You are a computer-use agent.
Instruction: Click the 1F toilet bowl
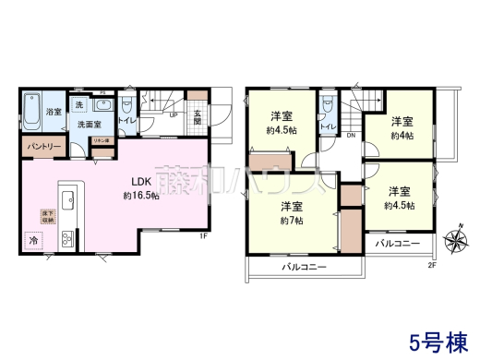pos(128,106)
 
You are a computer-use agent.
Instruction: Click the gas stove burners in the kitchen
pos(67,240)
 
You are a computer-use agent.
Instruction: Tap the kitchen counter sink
pos(67,198)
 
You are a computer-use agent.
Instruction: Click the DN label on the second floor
pos(351,136)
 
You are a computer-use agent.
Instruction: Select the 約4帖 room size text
pos(399,134)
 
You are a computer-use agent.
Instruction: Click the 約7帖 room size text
pos(294,221)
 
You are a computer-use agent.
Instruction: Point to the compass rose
pos(456,242)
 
